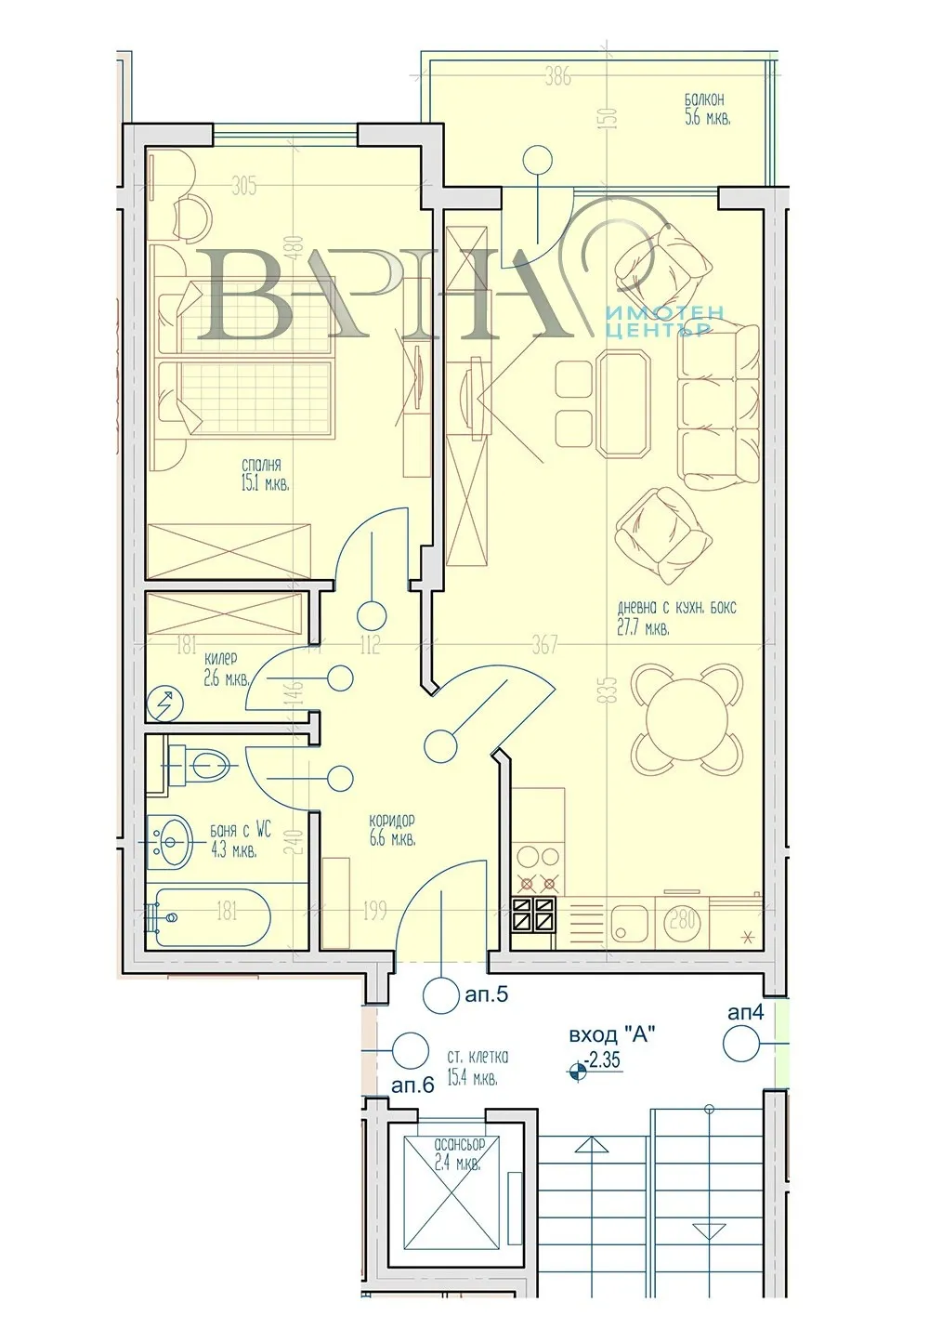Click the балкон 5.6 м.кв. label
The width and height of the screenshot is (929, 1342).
(x=705, y=109)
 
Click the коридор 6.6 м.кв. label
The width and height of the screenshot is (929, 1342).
(x=391, y=830)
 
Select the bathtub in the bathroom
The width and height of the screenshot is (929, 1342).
(x=211, y=917)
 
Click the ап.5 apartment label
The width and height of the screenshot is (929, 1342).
(x=486, y=994)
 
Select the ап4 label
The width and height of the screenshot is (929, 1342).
(x=745, y=1012)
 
